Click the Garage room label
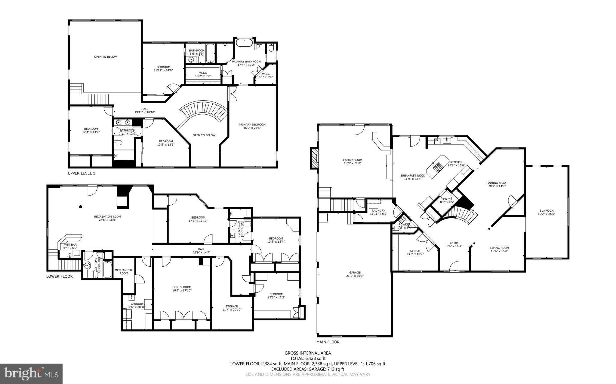point(355,274)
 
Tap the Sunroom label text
point(546,212)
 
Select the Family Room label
point(353,162)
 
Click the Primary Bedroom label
point(252,126)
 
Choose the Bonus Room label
point(182,289)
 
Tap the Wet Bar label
point(70,246)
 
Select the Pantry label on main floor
point(447,200)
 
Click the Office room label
point(415,252)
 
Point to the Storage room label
point(232,308)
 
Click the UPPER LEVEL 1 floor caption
point(81,173)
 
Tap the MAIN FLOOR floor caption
point(328,342)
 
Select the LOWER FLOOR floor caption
point(59,276)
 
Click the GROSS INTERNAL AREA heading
point(308,353)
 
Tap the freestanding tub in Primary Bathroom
point(244,42)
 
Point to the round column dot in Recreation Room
point(80,207)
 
